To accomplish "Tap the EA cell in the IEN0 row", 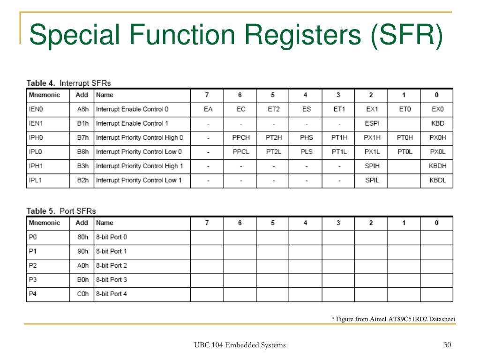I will click(208, 109).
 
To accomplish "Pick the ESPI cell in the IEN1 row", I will click(372, 123).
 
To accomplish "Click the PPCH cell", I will click(240, 138).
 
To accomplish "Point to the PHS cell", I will click(306, 138).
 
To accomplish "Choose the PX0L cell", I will click(437, 152).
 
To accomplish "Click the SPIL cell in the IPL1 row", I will click(372, 180).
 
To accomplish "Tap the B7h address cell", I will click(82, 138).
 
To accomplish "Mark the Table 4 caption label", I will click(68, 83).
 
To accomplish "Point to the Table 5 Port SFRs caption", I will click(61, 211).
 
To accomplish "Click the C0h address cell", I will click(82, 294).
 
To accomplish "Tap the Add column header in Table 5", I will click(82, 223).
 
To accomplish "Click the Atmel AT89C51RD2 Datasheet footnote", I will click(393, 319).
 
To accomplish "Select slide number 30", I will click(447, 345).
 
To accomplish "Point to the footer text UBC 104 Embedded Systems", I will click(240, 345).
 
